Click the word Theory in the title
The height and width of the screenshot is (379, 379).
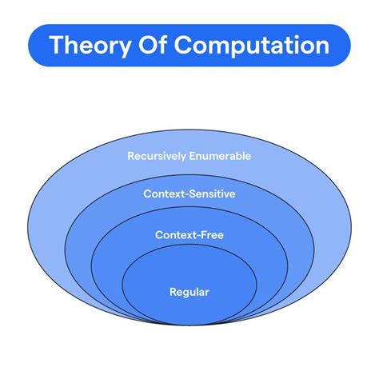(90, 46)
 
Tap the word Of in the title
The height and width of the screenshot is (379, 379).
(153, 44)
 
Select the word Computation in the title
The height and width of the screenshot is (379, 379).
(252, 46)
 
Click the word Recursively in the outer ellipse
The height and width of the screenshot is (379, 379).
(157, 156)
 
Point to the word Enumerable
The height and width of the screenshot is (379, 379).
(220, 156)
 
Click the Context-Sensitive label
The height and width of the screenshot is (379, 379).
(189, 193)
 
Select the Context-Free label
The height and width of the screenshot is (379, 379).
(189, 235)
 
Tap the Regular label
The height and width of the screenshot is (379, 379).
(189, 293)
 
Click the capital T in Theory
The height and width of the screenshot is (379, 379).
(58, 45)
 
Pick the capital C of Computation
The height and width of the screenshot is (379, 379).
(184, 45)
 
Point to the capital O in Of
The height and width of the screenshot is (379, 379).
(148, 45)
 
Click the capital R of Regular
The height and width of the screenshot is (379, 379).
(174, 292)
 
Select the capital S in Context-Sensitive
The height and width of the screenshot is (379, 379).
(193, 193)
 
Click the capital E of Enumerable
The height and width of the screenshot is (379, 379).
(193, 156)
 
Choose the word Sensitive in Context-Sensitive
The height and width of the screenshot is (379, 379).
(212, 193)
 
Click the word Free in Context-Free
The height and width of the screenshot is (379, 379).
(211, 235)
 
